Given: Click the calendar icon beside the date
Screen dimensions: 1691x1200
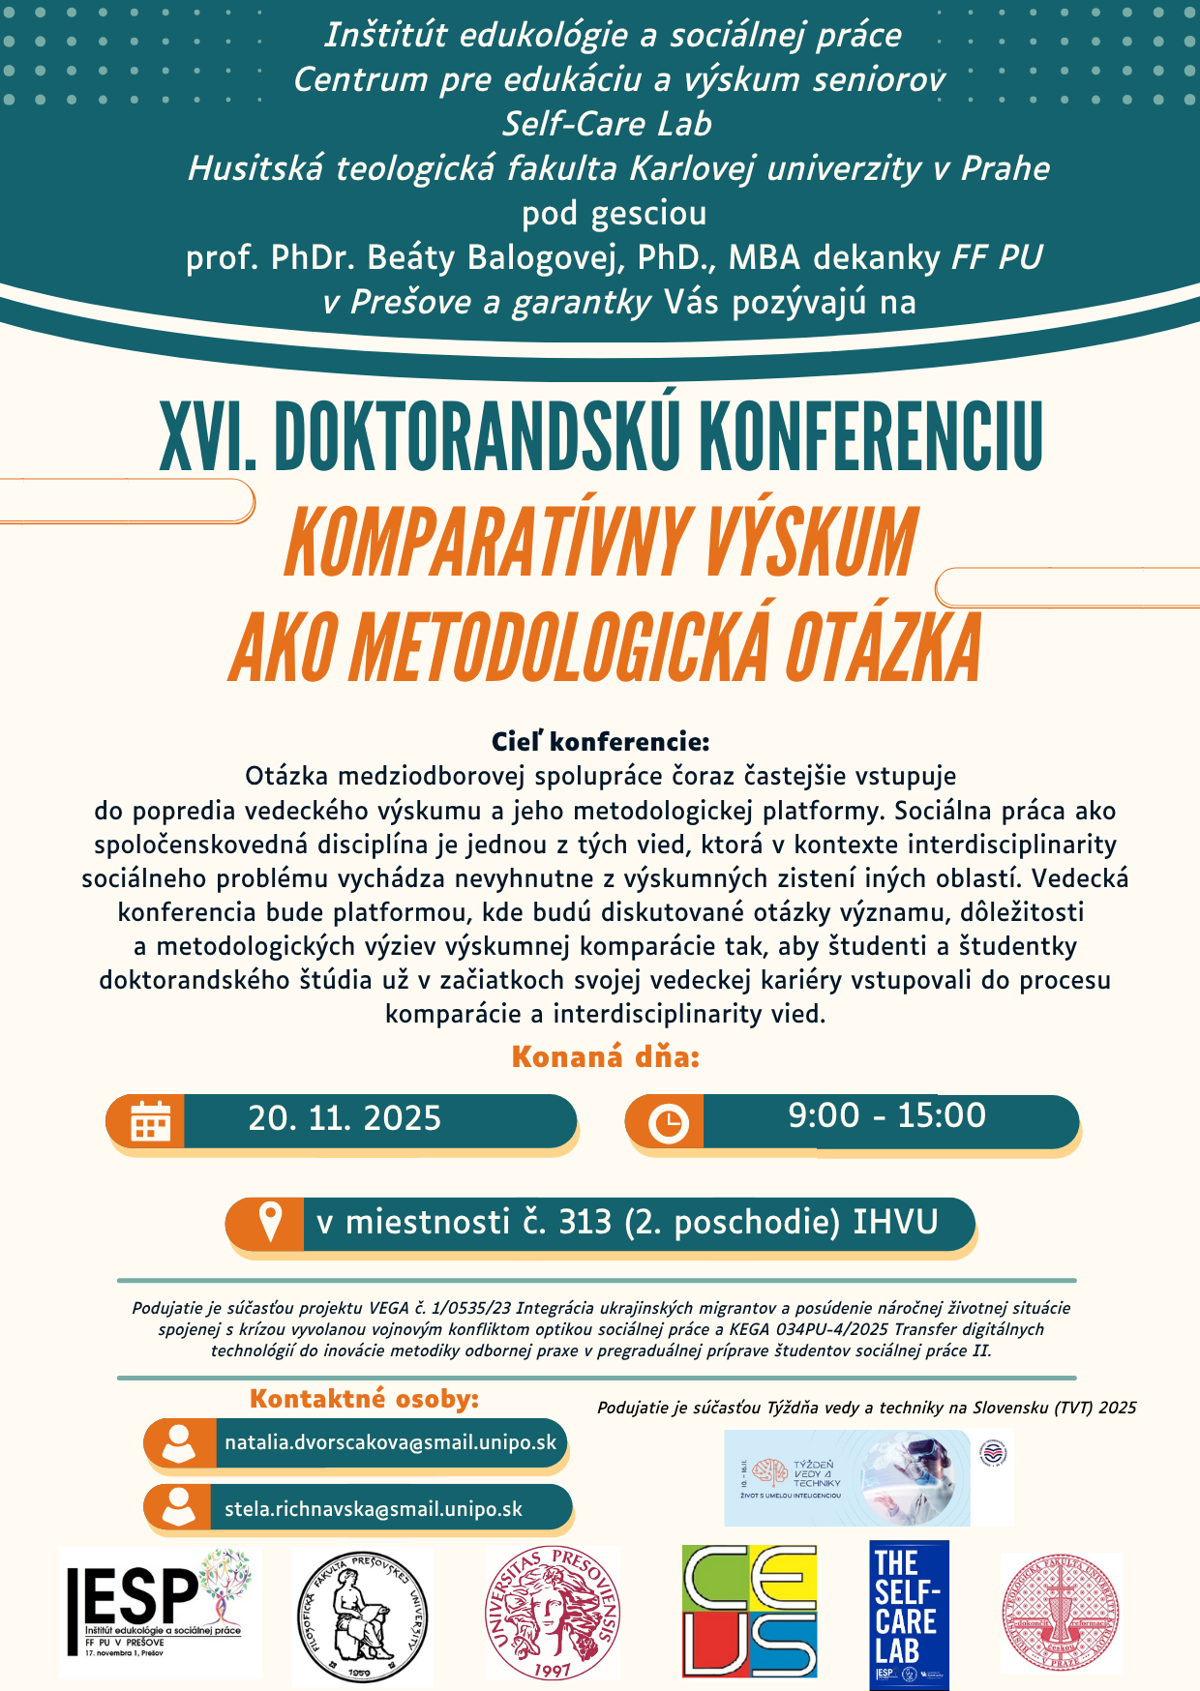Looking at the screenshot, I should click(150, 1122).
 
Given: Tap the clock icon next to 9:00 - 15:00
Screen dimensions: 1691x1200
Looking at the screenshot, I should click(668, 1123).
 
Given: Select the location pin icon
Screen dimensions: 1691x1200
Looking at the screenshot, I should click(270, 1223).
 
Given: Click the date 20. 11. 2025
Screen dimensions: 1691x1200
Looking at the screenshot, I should click(345, 1119).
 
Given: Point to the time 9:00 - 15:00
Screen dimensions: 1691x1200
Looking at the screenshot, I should click(886, 1116).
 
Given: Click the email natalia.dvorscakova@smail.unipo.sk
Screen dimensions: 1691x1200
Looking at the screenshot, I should click(390, 1442).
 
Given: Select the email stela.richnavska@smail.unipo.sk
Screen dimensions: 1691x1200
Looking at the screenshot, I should click(374, 1509).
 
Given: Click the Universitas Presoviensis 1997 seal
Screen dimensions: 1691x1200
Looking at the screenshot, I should click(552, 1613).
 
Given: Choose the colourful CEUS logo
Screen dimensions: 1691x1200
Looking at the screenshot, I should click(750, 1611).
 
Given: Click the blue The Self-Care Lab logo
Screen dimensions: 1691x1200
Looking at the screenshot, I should click(909, 1614).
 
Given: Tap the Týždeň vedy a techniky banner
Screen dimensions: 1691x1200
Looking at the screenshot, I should click(848, 1477).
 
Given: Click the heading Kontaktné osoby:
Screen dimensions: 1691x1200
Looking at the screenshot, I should click(364, 1399).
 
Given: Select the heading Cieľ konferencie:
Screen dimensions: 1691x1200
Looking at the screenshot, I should click(600, 742).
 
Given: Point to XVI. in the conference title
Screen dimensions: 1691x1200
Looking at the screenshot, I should click(207, 437).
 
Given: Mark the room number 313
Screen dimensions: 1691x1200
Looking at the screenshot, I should click(585, 1223).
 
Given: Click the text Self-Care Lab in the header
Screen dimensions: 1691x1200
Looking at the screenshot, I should click(607, 124).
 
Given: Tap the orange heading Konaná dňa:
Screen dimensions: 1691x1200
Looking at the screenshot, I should click(605, 1057).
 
